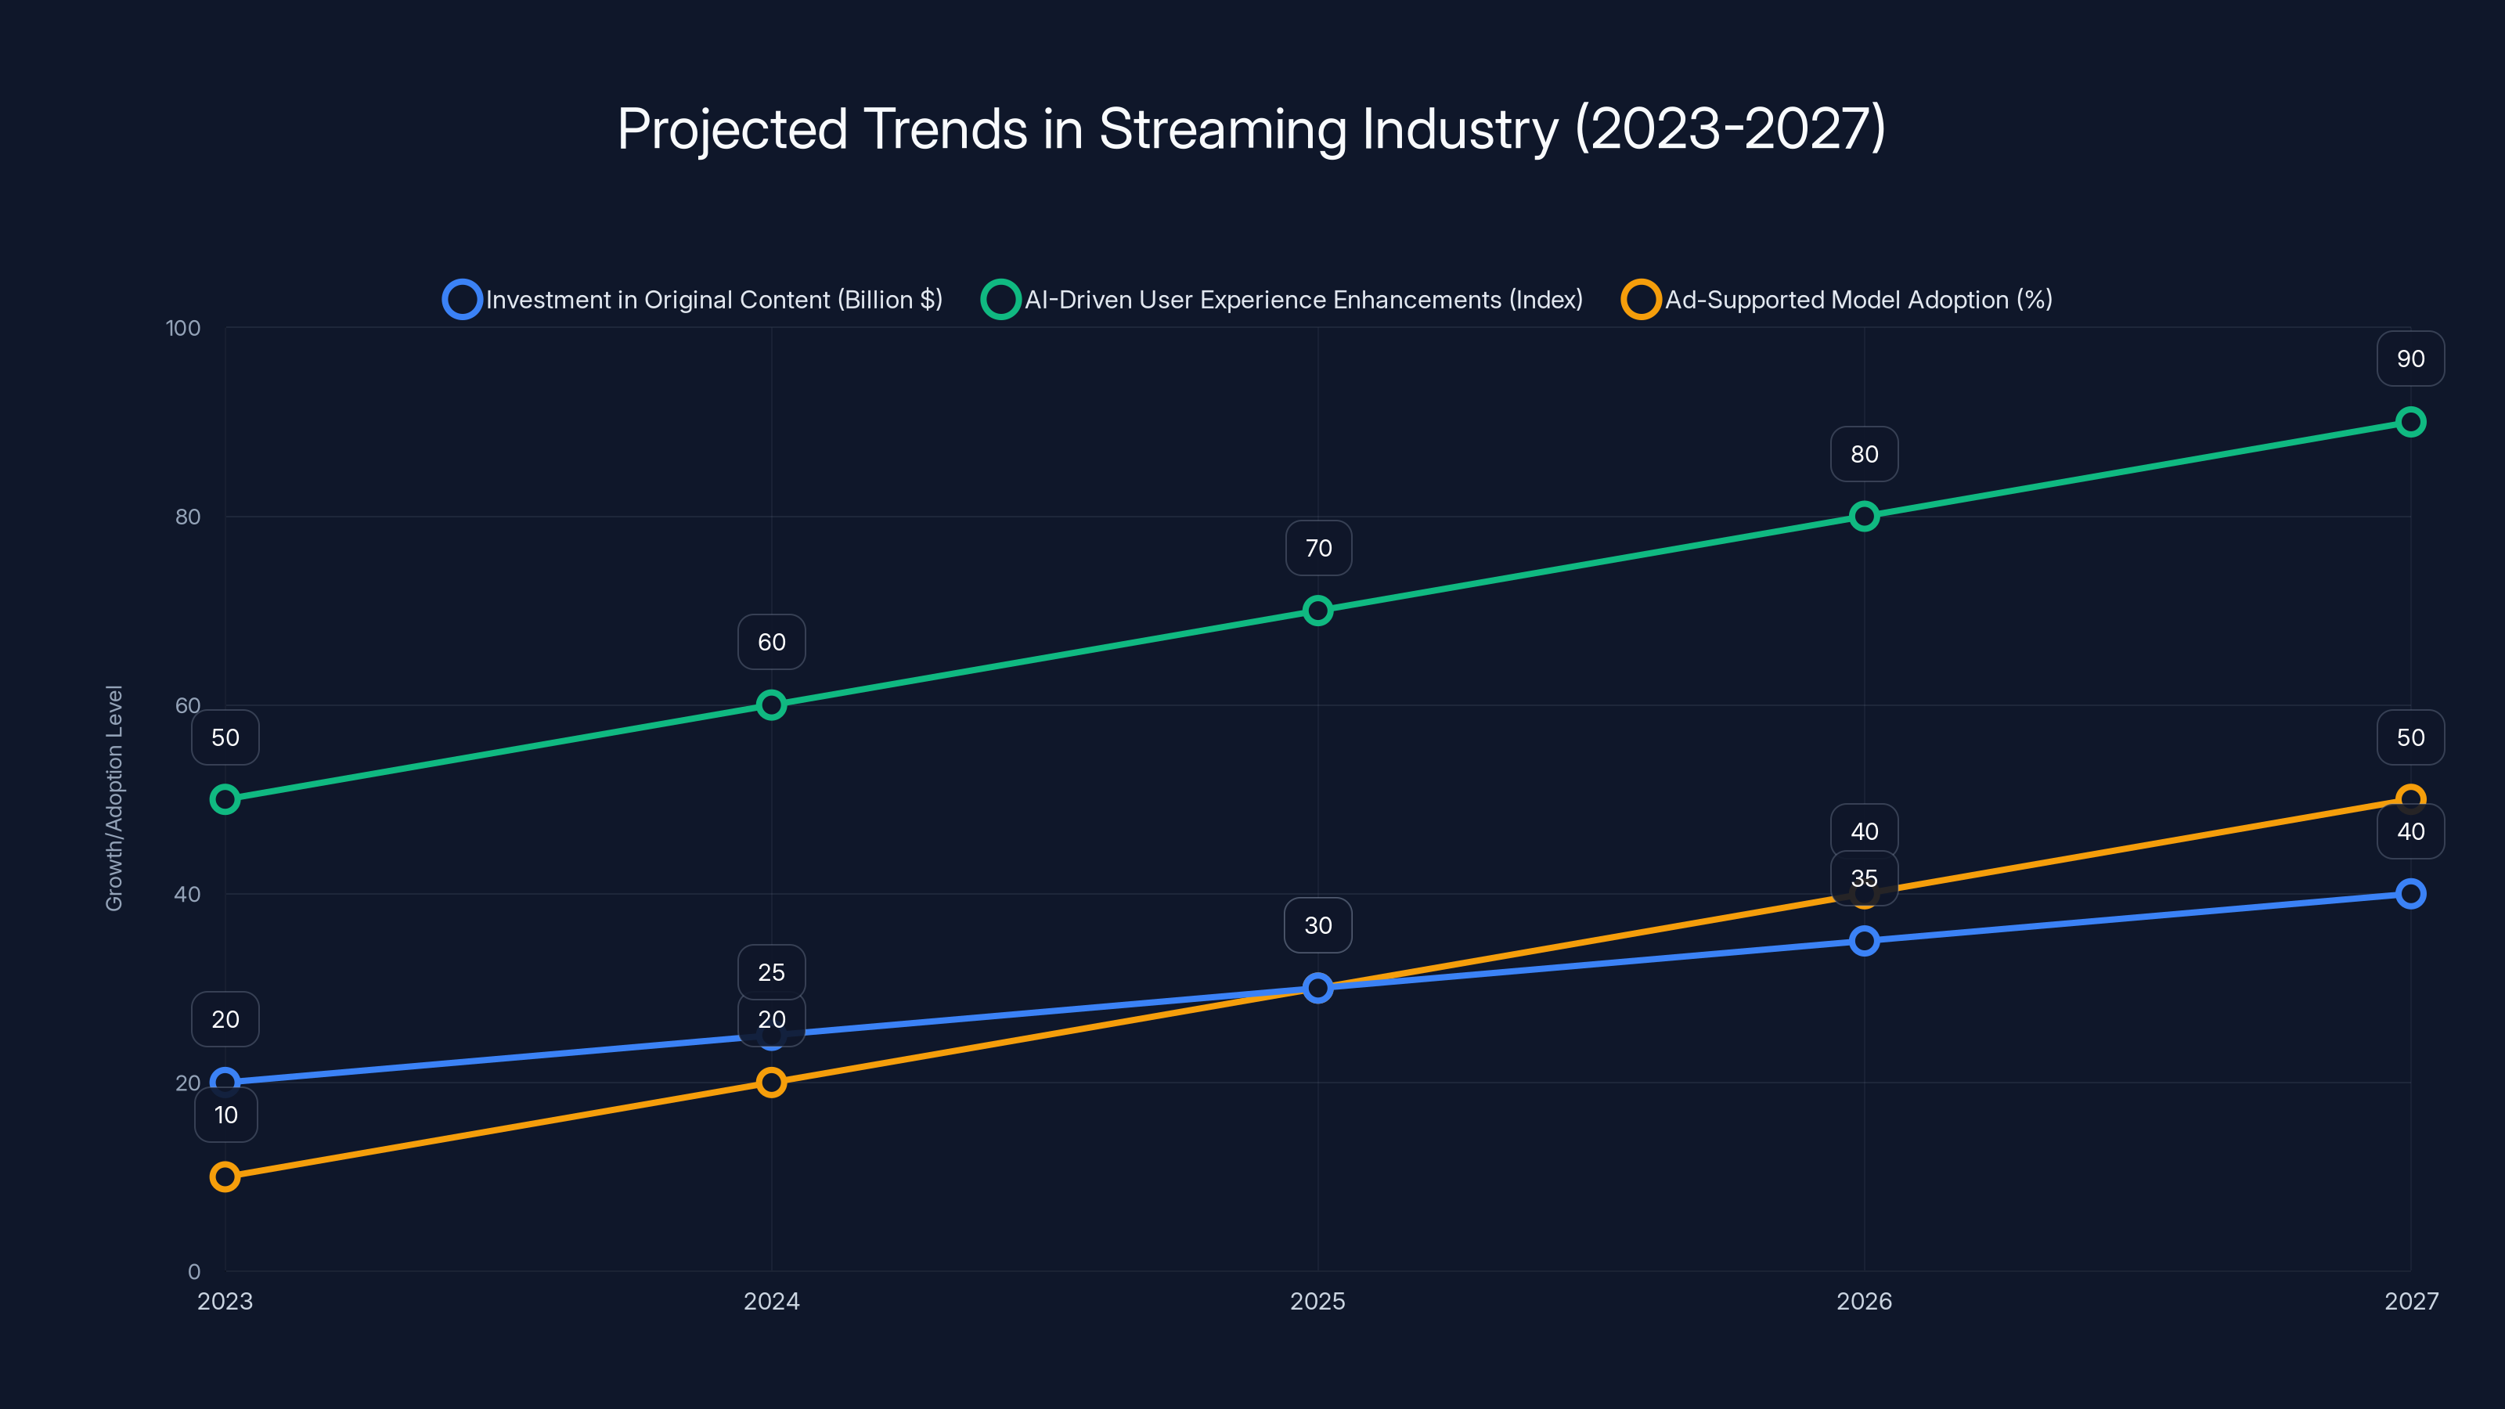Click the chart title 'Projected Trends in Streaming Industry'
[x=1252, y=128]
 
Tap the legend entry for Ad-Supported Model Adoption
[x=1837, y=300]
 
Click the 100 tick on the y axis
[x=183, y=328]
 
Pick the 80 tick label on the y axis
[x=188, y=517]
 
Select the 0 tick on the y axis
[x=193, y=1271]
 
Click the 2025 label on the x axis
[x=1317, y=1301]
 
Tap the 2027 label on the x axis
[x=2411, y=1301]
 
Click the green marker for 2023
[x=225, y=799]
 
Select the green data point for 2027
[x=2411, y=422]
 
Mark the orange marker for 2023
[x=225, y=1177]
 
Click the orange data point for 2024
[x=771, y=1083]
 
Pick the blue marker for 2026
[x=1864, y=940]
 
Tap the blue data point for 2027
[x=2411, y=894]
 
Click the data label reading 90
[x=2411, y=359]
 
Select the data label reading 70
[x=1317, y=549]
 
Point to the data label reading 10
[x=225, y=1115]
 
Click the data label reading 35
[x=1864, y=878]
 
